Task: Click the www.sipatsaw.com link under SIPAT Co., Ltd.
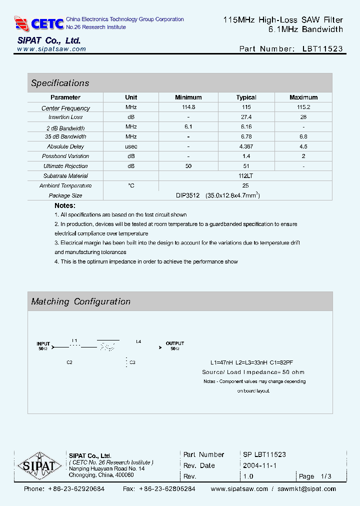51,49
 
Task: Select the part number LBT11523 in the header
322,49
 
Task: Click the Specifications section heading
60,83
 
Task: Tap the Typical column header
246,97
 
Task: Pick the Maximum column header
303,97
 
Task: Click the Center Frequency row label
65,108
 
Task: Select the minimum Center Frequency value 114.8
188,107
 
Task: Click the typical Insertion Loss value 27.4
246,117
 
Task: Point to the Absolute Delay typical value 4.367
246,146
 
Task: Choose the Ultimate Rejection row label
65,166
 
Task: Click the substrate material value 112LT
245,176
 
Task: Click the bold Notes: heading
65,205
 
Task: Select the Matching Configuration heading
80,301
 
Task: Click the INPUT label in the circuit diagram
43,343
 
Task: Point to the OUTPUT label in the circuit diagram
175,343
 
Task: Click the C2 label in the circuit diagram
69,362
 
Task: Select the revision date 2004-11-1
259,465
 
